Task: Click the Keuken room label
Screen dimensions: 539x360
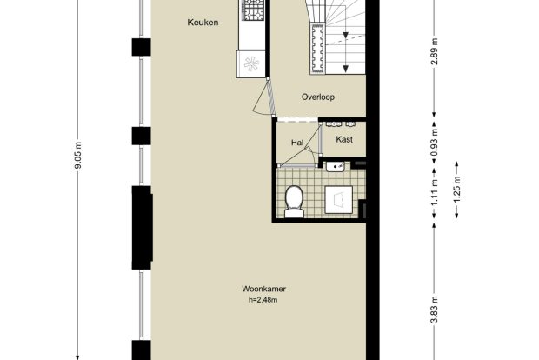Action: [203, 23]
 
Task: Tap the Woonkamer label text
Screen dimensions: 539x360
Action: [263, 289]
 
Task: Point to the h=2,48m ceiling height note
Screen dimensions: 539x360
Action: [263, 300]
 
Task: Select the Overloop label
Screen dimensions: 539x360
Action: [318, 97]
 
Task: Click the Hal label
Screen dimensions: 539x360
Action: [297, 143]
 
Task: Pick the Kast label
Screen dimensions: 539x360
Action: [344, 140]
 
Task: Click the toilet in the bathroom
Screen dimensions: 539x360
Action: [294, 202]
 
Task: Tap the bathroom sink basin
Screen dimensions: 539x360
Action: [336, 167]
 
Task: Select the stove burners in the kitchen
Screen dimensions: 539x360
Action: [254, 10]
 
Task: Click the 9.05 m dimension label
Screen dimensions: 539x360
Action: [78, 155]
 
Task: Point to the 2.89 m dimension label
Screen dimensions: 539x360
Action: [435, 51]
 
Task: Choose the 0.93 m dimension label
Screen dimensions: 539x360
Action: [435, 142]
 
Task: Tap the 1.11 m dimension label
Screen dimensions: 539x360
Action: [435, 192]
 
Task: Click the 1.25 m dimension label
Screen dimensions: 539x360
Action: [456, 190]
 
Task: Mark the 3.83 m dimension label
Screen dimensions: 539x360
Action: [435, 310]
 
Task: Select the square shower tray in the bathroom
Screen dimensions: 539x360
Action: [339, 200]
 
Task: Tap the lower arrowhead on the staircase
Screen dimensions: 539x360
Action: [346, 69]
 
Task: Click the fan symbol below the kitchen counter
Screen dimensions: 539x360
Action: [251, 64]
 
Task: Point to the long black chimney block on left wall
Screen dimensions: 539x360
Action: [142, 228]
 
